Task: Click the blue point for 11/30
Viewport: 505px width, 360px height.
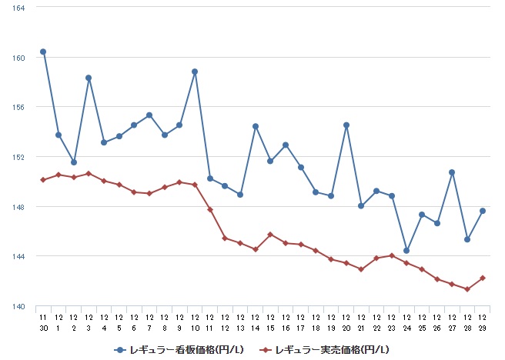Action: point(43,52)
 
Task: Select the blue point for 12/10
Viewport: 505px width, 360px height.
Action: point(195,72)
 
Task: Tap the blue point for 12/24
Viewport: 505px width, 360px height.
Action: point(406,251)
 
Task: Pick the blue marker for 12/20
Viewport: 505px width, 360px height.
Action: point(346,125)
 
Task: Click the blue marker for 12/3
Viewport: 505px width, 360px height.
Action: point(89,78)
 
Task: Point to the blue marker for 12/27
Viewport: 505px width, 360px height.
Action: point(452,172)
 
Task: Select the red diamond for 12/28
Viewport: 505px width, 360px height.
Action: point(467,289)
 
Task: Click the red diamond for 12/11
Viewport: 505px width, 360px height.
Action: point(210,209)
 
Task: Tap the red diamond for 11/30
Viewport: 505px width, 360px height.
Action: point(43,180)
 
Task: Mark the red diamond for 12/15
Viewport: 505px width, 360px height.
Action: point(270,234)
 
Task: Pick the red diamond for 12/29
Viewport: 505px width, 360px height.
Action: point(483,278)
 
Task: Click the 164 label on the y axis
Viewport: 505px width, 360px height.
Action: point(20,8)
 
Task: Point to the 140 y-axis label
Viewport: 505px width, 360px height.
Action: point(20,306)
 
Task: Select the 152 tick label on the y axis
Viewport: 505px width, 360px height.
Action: point(20,157)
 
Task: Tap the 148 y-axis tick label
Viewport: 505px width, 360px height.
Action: point(20,207)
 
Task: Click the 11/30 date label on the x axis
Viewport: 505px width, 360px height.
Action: point(43,322)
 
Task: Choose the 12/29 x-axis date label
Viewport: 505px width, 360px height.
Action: point(483,322)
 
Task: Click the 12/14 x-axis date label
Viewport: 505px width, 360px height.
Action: point(256,322)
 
